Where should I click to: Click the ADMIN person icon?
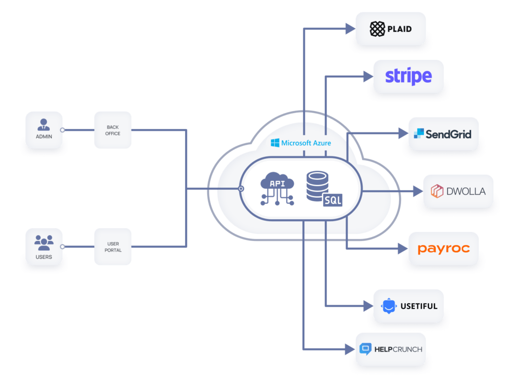coord(44,124)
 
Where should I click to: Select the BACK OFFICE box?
coord(113,130)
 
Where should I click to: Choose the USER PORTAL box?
coord(113,247)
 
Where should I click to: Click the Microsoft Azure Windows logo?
coord(275,143)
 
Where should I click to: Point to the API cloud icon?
coord(277,188)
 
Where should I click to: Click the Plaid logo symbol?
coord(377,29)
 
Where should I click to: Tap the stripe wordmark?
coord(408,77)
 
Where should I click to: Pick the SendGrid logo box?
coord(443,134)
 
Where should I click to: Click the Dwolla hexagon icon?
coord(437,191)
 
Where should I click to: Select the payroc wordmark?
coord(443,249)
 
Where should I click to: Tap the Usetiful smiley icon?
coord(388,306)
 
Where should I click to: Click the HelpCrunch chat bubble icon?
coord(366,349)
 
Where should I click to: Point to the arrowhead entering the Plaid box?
coord(350,28)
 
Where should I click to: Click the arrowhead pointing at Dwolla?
coord(417,191)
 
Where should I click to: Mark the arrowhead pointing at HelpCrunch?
coord(350,349)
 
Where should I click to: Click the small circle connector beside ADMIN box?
coord(63,130)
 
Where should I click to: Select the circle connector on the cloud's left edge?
coord(241,189)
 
